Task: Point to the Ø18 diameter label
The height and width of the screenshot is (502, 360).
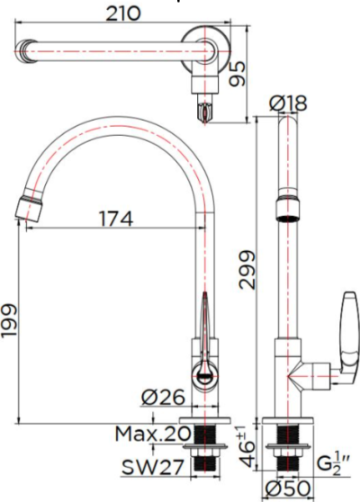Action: [288, 104]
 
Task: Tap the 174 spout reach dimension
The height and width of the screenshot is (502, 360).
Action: [114, 218]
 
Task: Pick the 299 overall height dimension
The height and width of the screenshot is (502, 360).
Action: [248, 269]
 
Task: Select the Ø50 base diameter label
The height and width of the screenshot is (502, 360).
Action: [289, 489]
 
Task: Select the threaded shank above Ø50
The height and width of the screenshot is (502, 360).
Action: [289, 462]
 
